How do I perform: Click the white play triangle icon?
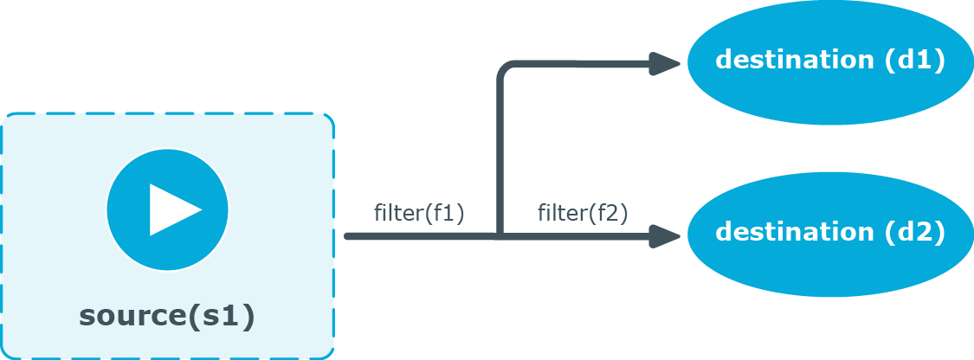point(172,210)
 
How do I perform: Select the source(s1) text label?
point(167,315)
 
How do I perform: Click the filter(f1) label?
point(419,212)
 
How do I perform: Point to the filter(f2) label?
point(582,212)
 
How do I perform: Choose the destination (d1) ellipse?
point(829,95)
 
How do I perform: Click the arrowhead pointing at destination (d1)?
point(666,62)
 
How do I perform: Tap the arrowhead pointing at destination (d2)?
point(666,235)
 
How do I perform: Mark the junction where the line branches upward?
point(500,235)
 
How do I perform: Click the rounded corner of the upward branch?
point(505,67)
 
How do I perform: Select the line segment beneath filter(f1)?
point(420,235)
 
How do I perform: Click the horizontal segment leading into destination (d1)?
point(580,63)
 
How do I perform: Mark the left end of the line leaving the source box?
point(348,235)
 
